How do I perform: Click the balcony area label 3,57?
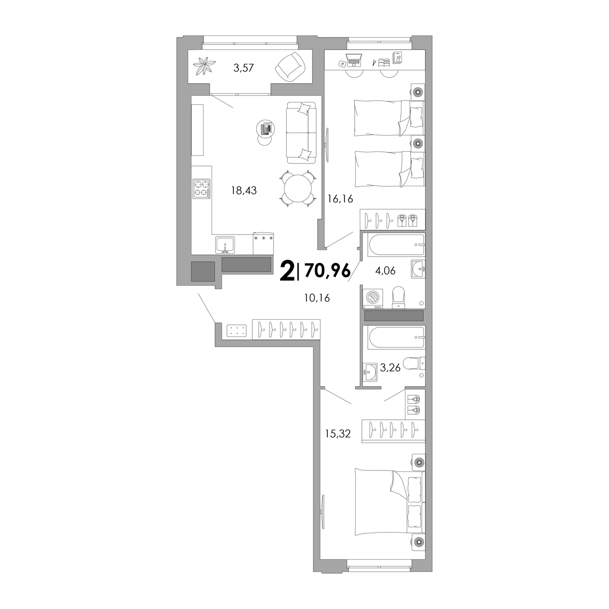[x=244, y=67]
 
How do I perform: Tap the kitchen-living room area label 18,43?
[x=244, y=190]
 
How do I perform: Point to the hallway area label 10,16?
[x=317, y=298]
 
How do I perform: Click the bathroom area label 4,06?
[x=385, y=270]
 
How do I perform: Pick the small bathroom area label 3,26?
[x=390, y=367]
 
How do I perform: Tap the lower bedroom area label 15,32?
[x=338, y=433]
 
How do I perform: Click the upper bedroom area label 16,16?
[x=340, y=199]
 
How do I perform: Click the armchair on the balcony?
[x=290, y=66]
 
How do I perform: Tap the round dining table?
[x=297, y=189]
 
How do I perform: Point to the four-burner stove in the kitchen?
[x=201, y=189]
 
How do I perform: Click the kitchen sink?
[x=225, y=245]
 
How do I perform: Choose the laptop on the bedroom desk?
[x=354, y=60]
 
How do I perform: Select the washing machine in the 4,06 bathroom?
[x=373, y=298]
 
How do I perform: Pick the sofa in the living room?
[x=301, y=133]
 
